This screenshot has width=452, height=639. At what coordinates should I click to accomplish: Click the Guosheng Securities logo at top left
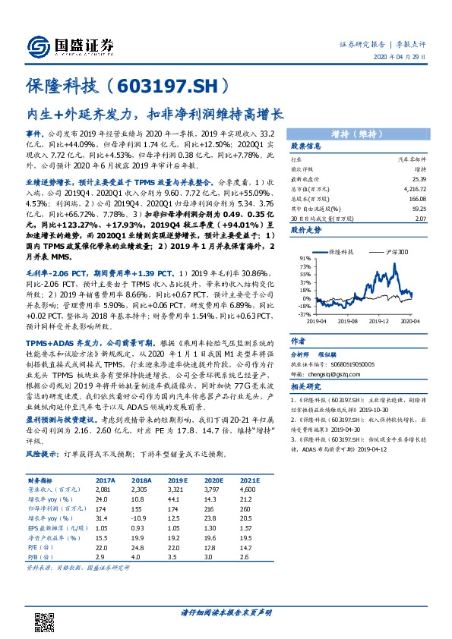(71, 45)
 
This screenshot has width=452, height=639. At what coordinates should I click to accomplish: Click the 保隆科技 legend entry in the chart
(340, 250)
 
